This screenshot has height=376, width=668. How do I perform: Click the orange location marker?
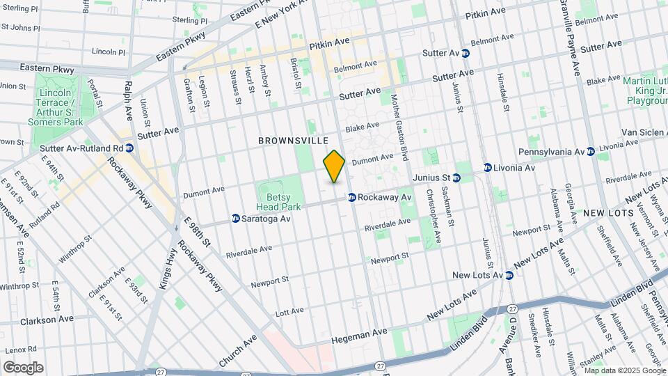point(334,166)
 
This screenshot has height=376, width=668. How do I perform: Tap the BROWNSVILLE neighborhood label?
point(293,141)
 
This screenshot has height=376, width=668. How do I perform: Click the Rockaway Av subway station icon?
point(352,198)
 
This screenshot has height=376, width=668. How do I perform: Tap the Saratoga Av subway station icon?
point(236,219)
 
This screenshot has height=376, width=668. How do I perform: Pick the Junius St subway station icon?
point(456,178)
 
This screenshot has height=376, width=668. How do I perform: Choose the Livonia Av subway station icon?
point(488,168)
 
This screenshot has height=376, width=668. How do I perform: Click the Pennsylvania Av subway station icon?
point(590,151)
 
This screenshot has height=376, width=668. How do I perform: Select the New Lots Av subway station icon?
point(509,276)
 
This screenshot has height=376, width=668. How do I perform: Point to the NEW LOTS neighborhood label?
point(608,213)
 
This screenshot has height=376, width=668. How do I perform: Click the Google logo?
point(23,368)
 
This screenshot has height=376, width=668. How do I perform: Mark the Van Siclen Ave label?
point(630,132)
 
